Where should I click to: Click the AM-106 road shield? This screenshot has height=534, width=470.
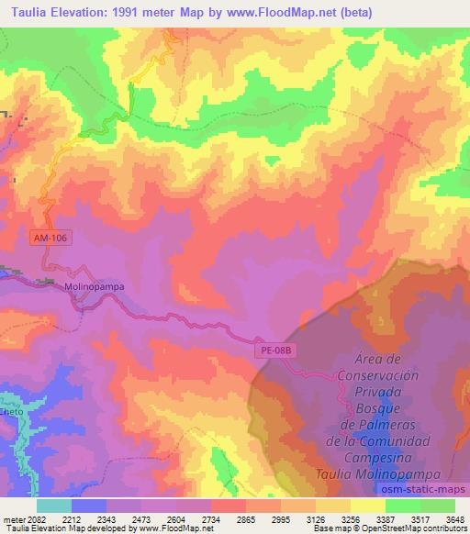(x=51, y=237)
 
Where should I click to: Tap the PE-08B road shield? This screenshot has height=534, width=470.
(x=274, y=350)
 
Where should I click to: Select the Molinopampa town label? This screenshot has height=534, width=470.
(x=95, y=285)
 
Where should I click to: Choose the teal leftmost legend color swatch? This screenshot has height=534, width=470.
(x=53, y=506)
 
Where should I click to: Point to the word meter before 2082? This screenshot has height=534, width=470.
(x=12, y=518)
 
